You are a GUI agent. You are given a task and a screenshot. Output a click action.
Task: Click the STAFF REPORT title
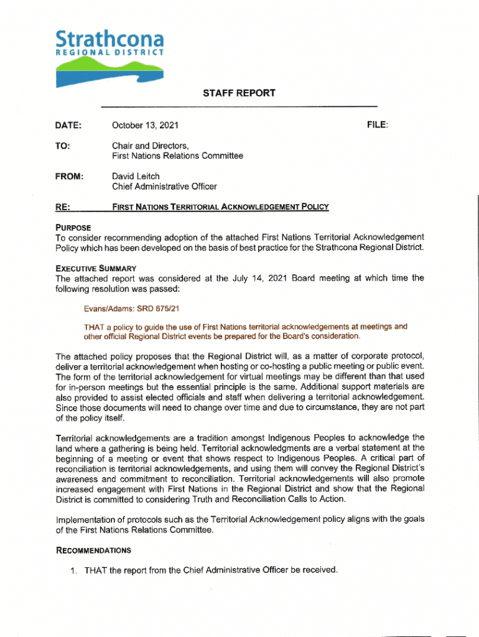click(x=239, y=93)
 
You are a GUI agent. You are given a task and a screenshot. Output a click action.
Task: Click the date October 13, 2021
click(x=145, y=126)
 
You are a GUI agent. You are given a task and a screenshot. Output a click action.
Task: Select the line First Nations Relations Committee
click(x=177, y=156)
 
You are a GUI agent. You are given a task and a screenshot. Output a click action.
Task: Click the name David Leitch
click(x=136, y=176)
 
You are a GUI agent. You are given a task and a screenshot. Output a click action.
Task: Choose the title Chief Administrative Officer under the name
click(x=164, y=186)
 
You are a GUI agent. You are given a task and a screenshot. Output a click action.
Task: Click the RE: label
click(x=62, y=207)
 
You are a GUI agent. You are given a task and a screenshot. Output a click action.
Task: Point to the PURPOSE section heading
click(x=73, y=227)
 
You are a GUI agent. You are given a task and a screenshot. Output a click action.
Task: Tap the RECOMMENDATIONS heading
click(x=93, y=550)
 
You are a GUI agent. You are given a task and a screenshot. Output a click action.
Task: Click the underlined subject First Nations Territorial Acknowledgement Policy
click(x=220, y=207)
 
